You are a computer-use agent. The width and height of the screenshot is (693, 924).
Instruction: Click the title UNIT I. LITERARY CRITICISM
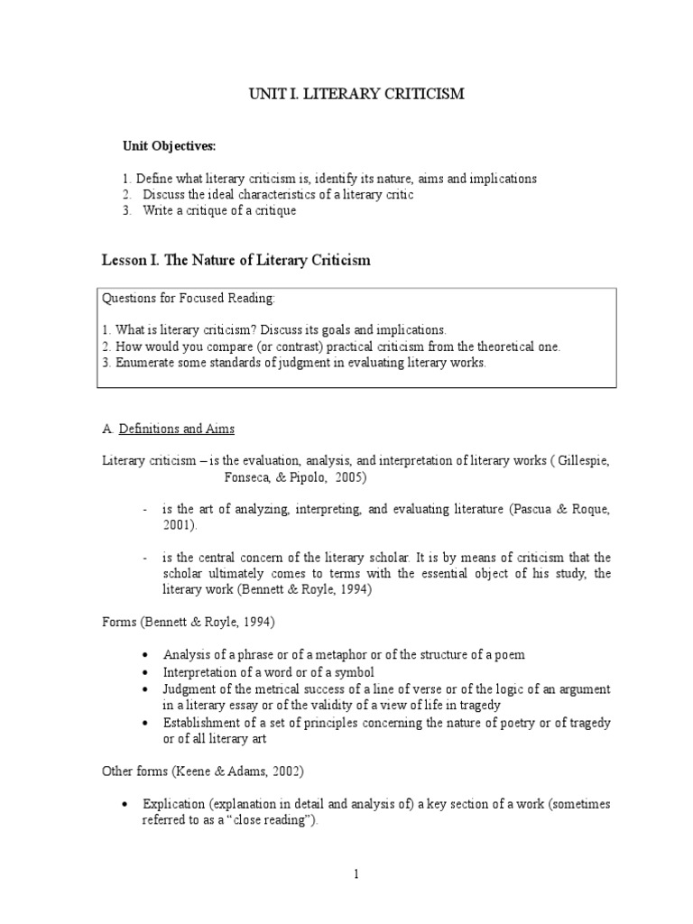356,94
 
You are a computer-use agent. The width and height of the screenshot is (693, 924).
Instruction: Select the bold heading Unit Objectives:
170,146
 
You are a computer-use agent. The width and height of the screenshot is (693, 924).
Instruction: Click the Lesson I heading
235,261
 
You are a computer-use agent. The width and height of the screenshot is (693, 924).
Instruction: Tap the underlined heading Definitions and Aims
183,429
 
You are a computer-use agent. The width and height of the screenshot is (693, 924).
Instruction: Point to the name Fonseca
236,476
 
